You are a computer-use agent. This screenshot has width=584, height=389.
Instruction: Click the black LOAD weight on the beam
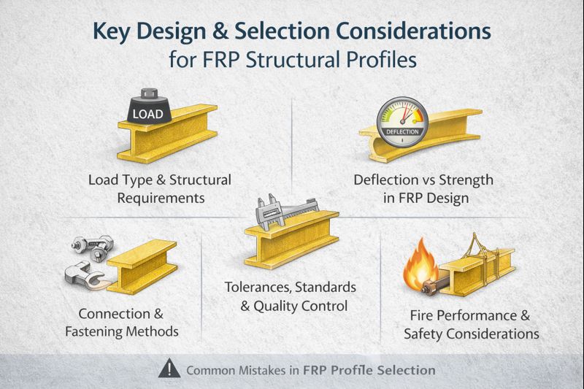pos(149,109)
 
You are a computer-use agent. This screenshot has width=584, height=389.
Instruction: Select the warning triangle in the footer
pos(169,369)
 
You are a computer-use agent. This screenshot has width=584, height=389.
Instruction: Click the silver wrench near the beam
pos(87,276)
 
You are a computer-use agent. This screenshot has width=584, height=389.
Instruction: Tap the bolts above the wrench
pos(93,247)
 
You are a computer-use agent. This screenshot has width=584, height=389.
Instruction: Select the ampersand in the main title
pos(220,31)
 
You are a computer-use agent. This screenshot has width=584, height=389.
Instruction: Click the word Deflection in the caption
pos(386,180)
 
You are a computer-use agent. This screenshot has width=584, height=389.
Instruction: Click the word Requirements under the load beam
pos(161,198)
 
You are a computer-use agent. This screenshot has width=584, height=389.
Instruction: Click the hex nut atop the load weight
pos(149,93)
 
